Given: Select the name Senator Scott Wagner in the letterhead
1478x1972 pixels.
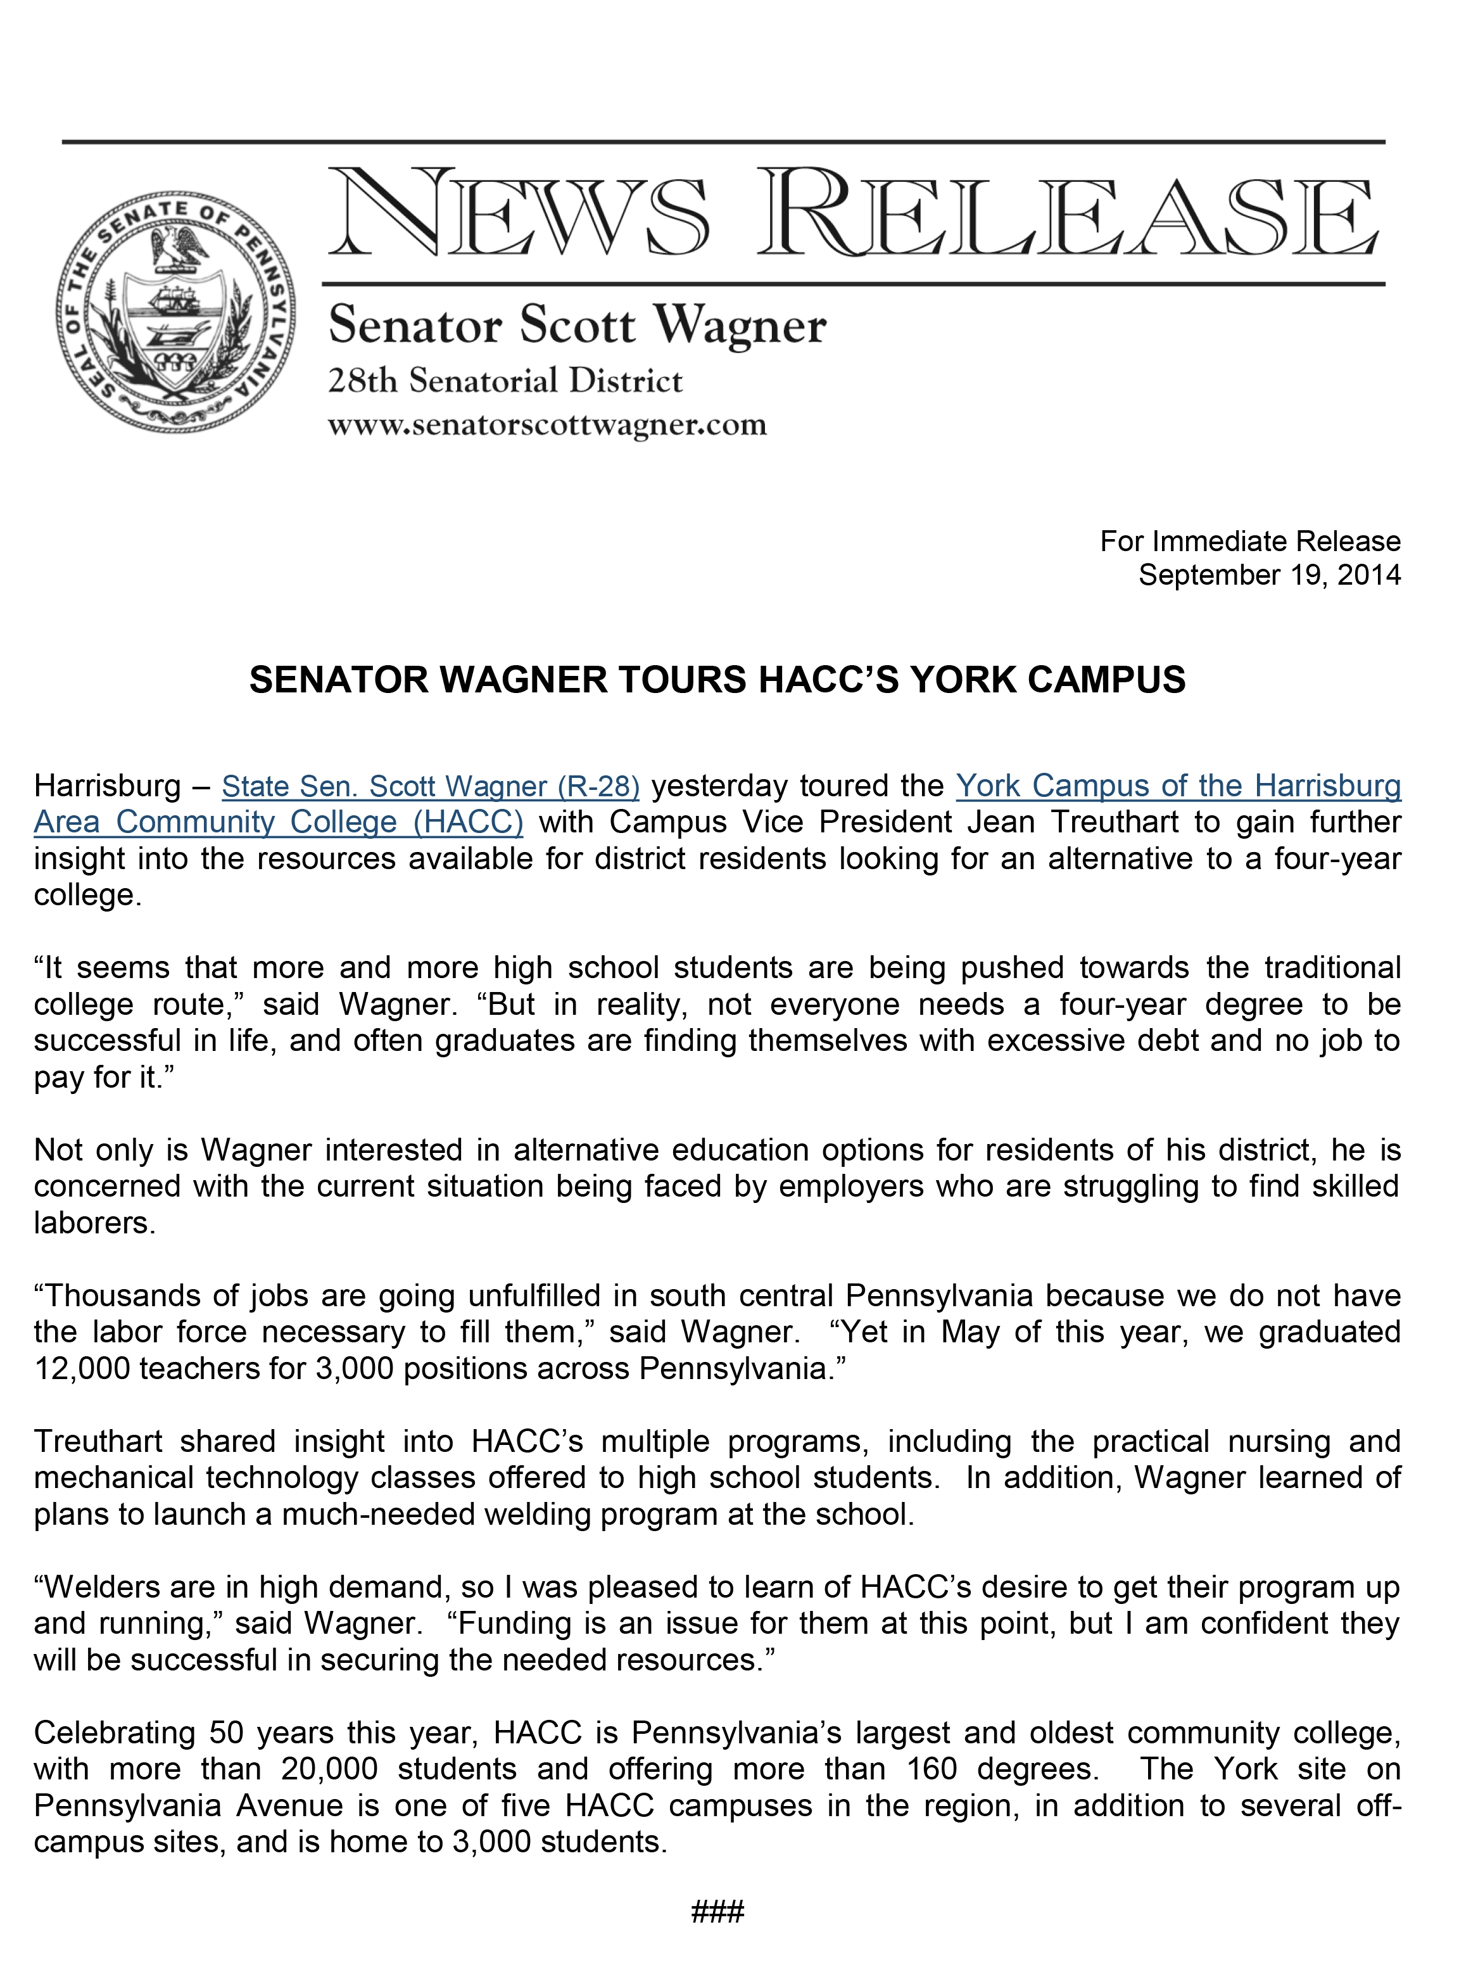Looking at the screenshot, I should [x=577, y=326].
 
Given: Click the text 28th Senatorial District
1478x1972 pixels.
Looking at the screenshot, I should [x=505, y=381].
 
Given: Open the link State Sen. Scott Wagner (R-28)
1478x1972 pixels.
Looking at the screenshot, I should [x=431, y=786].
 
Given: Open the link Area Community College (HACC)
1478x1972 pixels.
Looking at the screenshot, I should [x=278, y=822].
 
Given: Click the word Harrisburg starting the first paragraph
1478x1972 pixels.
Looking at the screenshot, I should [x=107, y=786].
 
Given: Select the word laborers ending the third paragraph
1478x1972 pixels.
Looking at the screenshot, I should [x=94, y=1223].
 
